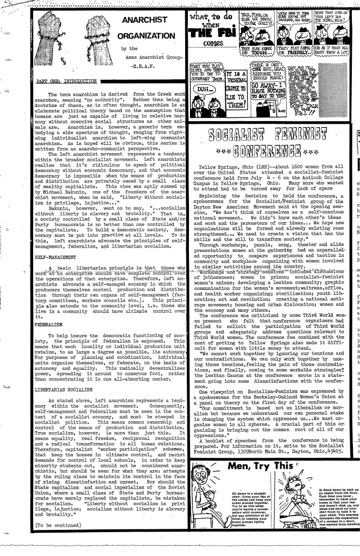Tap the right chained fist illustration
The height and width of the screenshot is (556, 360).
click(x=99, y=33)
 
